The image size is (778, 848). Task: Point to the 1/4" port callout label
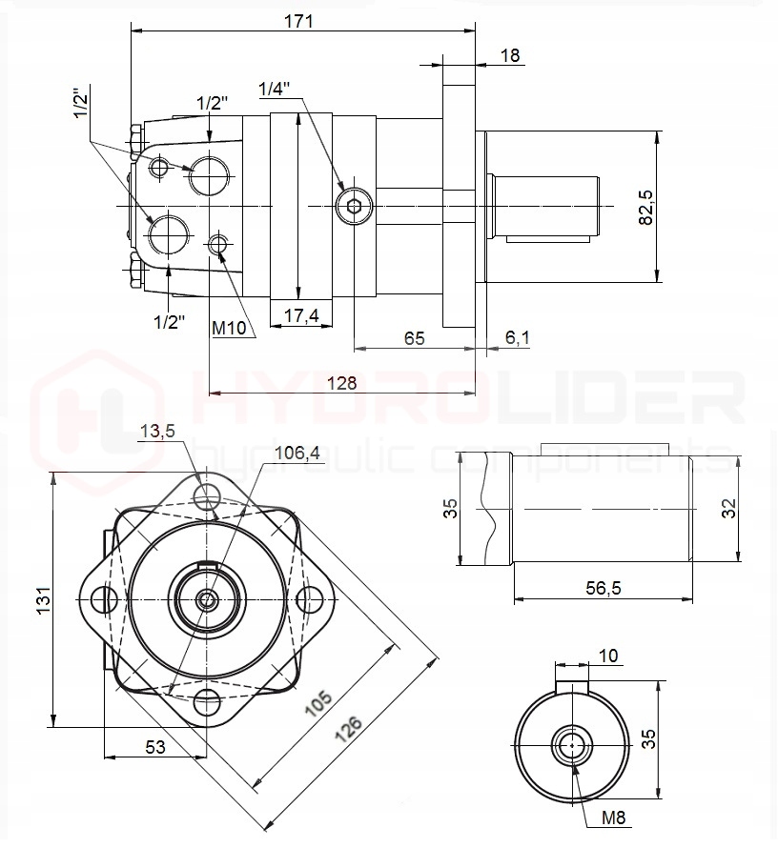click(x=275, y=89)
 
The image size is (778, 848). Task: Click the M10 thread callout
click(x=230, y=329)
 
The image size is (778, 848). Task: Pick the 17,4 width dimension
click(x=301, y=315)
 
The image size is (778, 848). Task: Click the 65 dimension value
click(x=414, y=338)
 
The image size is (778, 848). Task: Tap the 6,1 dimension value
click(x=518, y=337)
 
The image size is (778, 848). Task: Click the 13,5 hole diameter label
click(x=157, y=432)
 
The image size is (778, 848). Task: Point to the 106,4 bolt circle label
click(x=297, y=454)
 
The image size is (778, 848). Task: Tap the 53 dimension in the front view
click(x=154, y=748)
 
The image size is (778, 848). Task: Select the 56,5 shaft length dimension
click(x=602, y=589)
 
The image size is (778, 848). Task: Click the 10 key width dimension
click(x=608, y=656)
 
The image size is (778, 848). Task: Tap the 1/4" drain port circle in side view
click(x=355, y=205)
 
